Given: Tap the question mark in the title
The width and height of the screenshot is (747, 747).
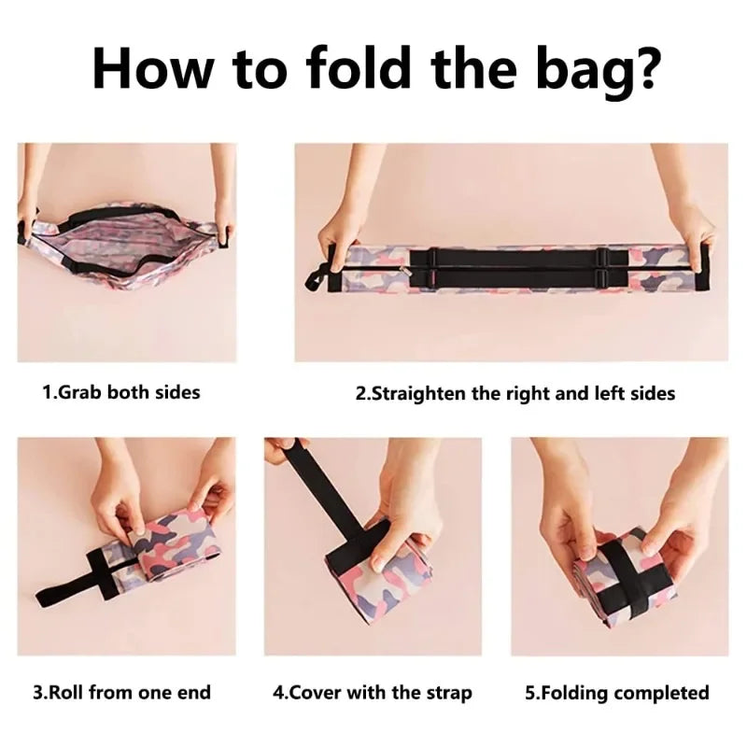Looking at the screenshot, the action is pos(641,67).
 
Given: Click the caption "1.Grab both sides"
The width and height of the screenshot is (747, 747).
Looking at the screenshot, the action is pos(121,392).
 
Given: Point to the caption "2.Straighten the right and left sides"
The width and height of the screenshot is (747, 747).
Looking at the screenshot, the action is pos(515,393).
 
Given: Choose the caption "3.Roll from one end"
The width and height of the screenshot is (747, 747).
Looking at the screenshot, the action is pos(121,692).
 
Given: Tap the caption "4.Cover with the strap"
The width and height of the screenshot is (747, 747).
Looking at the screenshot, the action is pos(372,693).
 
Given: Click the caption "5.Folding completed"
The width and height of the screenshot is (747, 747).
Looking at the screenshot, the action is pos(617,693).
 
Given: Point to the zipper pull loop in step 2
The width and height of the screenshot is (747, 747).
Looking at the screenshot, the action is pos(316,279).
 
